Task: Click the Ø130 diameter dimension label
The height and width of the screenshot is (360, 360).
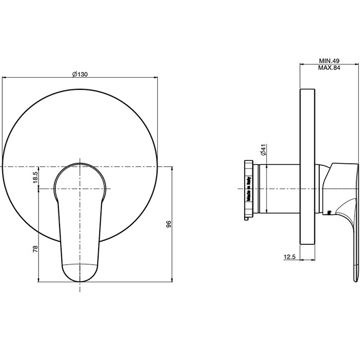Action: pos(80,74)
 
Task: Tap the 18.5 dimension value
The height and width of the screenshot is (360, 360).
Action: pos(35,178)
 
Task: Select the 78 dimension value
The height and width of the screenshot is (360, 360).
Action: pos(35,249)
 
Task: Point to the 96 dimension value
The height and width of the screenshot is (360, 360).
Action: pos(169,224)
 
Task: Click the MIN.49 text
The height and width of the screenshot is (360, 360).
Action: pos(329,61)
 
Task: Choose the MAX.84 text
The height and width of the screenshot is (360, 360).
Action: pos(329,68)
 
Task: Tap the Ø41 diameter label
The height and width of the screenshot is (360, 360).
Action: pos(264,150)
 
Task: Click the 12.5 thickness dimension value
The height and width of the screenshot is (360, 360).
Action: pos(289,257)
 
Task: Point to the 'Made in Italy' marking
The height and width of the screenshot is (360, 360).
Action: pos(249,189)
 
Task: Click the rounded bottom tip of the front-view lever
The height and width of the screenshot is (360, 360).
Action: pos(80,281)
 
